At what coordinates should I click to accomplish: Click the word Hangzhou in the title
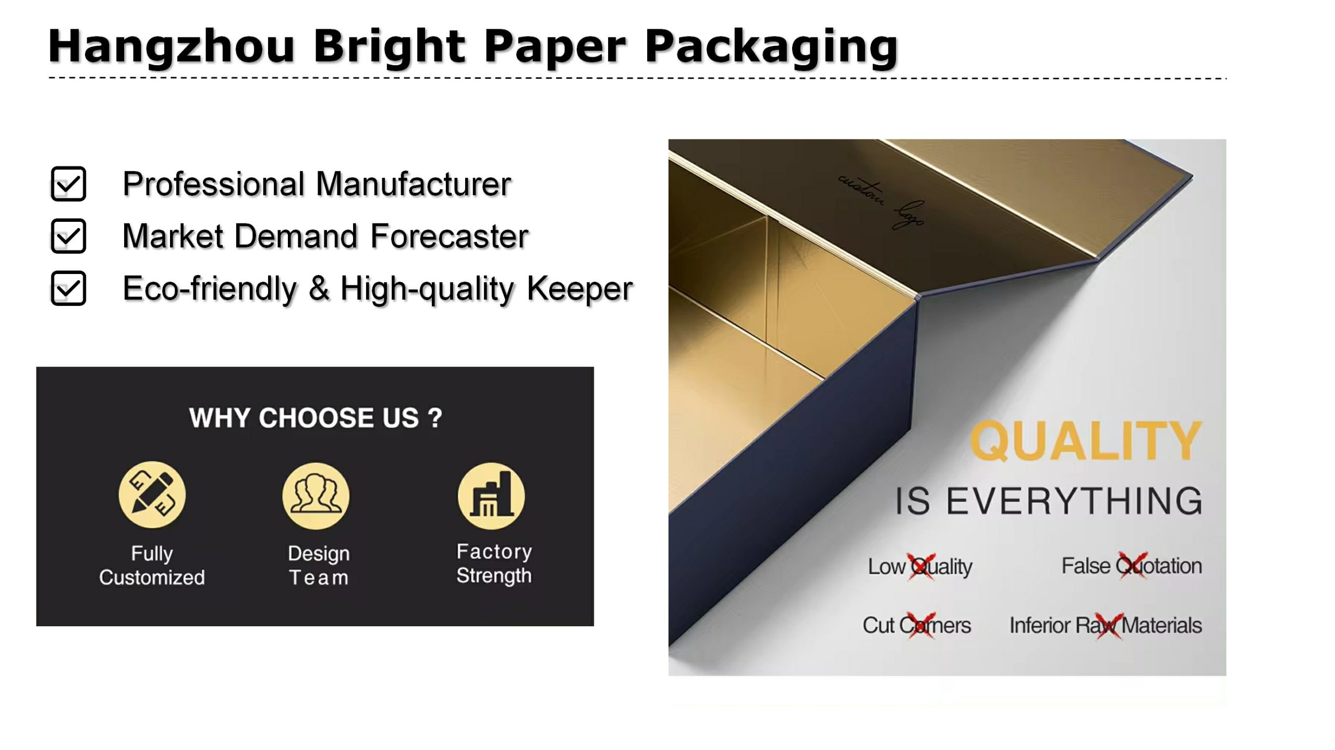tap(172, 47)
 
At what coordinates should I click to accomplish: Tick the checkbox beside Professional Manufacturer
tap(68, 184)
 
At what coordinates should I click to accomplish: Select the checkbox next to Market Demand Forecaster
tap(68, 236)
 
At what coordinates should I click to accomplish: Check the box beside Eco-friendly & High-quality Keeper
tap(68, 288)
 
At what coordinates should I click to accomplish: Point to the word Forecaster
tap(450, 236)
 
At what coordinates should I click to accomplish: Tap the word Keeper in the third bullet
tap(580, 288)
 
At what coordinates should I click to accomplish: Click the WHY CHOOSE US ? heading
tap(315, 418)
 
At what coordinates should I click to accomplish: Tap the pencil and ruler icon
tap(152, 494)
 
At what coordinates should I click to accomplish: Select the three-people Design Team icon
tap(316, 496)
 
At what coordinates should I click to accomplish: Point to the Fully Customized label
tap(152, 565)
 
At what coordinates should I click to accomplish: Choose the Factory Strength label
tap(494, 563)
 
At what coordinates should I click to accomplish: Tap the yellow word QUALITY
tap(1086, 441)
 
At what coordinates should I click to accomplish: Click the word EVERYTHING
tap(1074, 501)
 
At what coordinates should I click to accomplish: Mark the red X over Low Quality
tap(921, 566)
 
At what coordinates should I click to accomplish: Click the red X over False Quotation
tap(1132, 565)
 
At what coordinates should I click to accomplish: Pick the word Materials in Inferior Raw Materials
tap(1161, 625)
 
